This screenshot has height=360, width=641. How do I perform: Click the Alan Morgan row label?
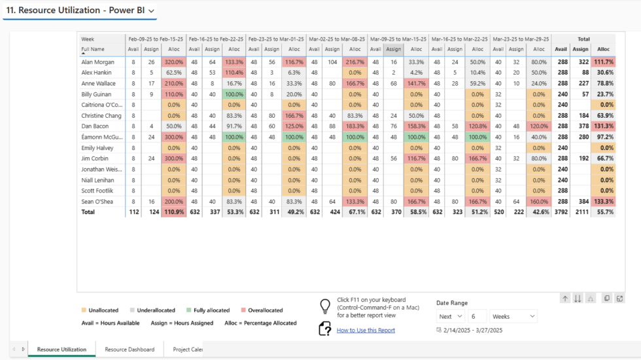click(x=98, y=62)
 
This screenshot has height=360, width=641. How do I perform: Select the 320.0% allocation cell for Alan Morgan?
click(x=173, y=62)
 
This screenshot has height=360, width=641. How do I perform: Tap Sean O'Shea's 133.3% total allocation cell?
click(x=603, y=202)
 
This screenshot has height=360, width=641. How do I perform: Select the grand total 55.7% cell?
click(x=603, y=212)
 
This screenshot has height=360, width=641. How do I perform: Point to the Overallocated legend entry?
click(x=263, y=310)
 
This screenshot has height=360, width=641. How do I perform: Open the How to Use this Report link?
click(x=366, y=331)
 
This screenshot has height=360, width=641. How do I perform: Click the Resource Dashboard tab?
click(x=130, y=350)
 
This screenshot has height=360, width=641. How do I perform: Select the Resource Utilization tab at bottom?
click(x=61, y=350)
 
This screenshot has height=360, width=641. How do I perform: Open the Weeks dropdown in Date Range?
click(x=513, y=316)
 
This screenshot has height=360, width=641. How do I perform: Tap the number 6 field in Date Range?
click(x=477, y=316)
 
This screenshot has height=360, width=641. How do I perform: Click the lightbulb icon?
click(x=324, y=306)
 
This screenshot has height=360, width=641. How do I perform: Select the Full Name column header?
click(x=93, y=49)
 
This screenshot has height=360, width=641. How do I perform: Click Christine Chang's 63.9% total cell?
click(x=603, y=115)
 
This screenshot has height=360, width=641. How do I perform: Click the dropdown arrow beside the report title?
click(x=152, y=11)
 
